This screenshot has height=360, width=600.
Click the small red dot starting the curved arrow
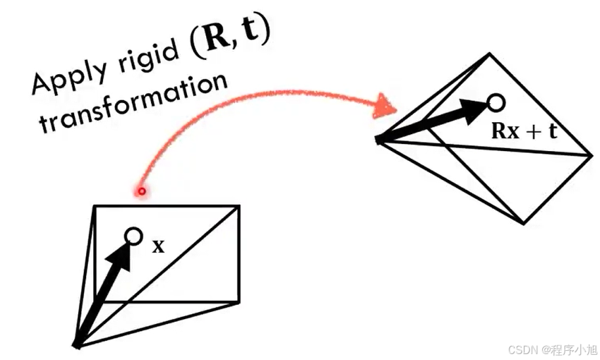click(140, 191)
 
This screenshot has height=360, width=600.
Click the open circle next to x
click(133, 236)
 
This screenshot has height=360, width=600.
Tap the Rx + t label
click(525, 131)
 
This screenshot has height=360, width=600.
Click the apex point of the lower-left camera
click(76, 345)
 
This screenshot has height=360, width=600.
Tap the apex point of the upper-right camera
click(379, 139)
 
